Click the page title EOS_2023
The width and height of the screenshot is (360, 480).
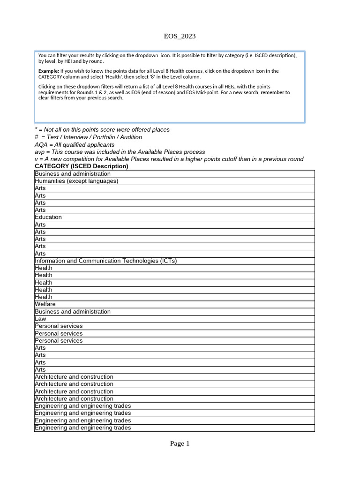pos(180,36)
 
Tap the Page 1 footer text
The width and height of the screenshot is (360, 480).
pos(180,443)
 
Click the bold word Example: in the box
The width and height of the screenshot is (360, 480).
pos(49,71)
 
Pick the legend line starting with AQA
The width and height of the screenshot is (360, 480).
pos(75,144)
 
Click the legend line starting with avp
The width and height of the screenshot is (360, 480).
pos(120,152)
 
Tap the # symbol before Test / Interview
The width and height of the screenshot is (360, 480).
pos(36,137)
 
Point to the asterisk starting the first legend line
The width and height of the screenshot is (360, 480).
pos(36,129)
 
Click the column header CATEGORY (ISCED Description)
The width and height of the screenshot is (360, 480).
pos(81,166)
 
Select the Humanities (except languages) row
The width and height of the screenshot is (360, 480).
pos(76,181)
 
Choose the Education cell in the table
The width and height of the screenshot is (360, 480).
pos(48,217)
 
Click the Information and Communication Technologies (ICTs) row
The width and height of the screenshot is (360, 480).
pos(105,261)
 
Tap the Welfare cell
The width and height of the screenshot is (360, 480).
pos(45,304)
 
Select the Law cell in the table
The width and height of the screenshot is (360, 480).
pos(40,319)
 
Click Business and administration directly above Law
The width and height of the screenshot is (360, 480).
pos(73,312)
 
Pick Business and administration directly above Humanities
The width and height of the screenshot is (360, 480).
pos(73,174)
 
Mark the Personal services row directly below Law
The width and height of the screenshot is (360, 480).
pos(59,326)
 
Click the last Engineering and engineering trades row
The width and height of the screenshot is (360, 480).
pos(83,427)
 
